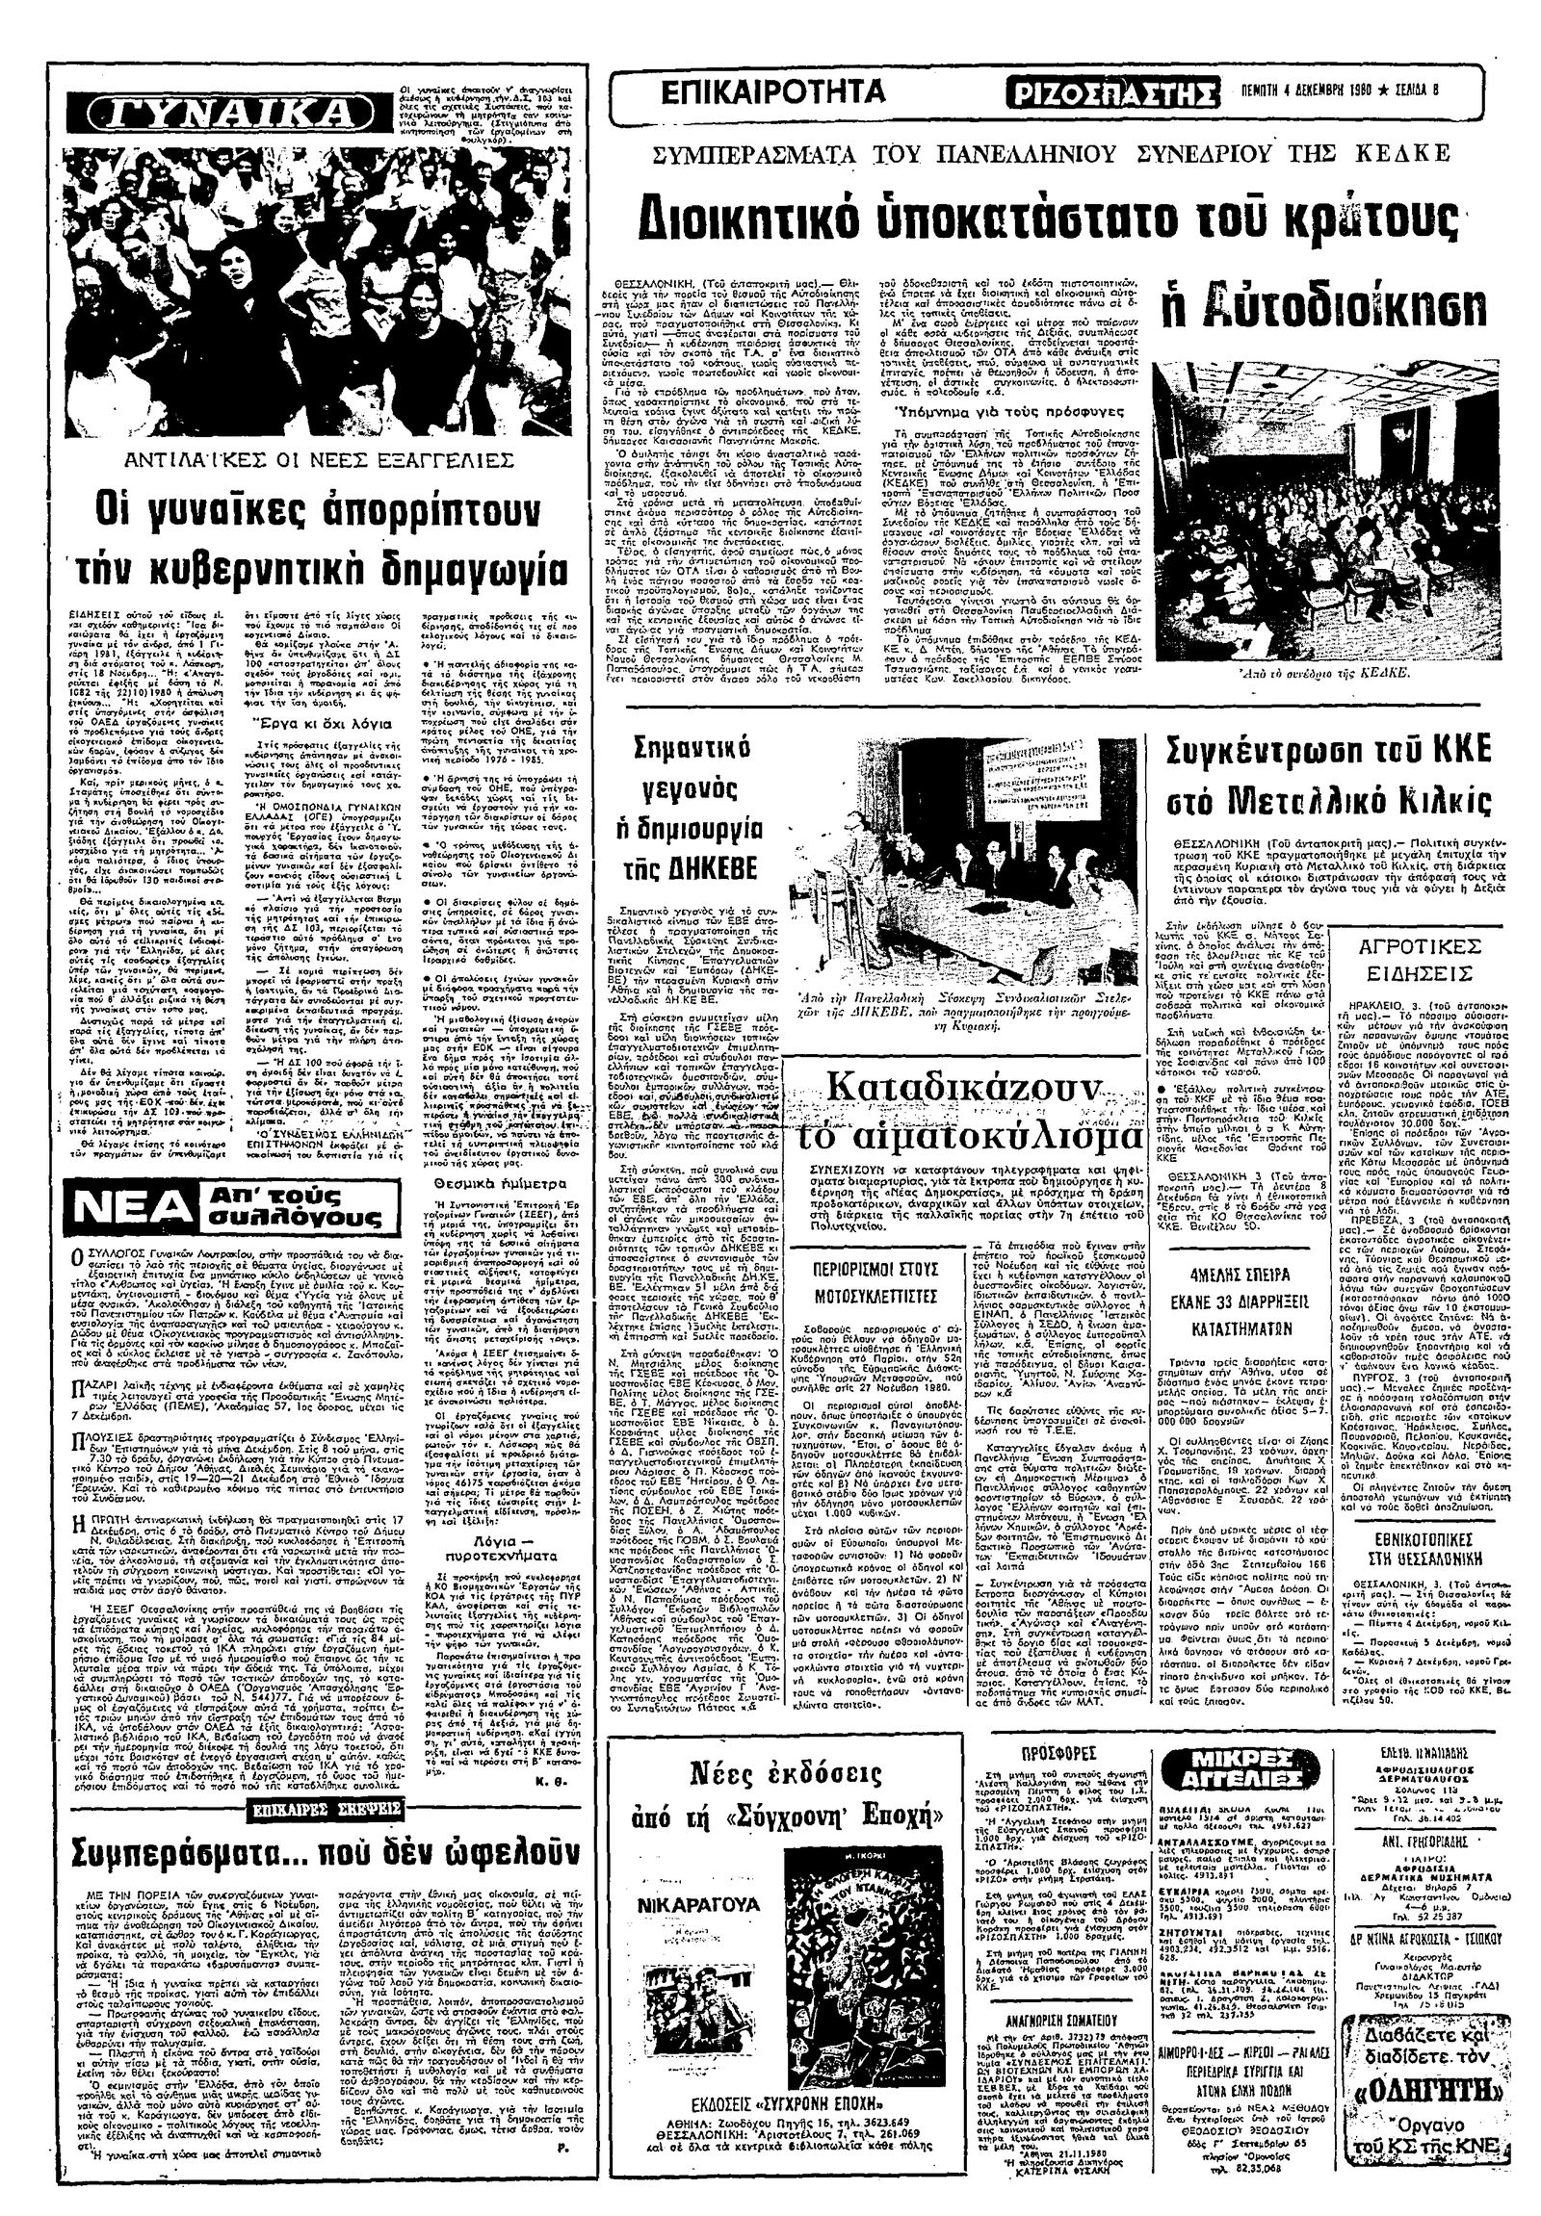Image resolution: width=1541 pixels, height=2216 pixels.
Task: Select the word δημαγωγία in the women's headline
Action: (x=460, y=567)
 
